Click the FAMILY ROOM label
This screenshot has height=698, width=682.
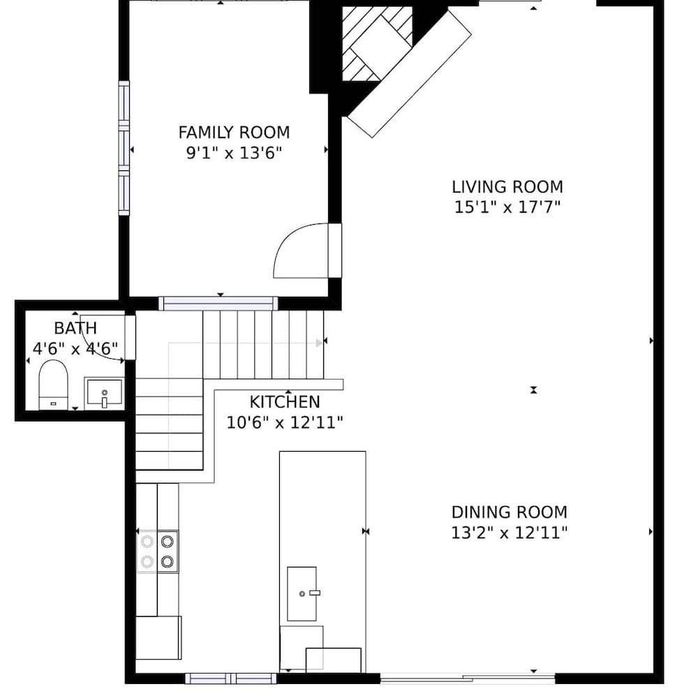point(234,132)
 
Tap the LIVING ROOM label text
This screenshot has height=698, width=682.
point(507,187)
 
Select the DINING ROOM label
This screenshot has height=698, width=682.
point(509,512)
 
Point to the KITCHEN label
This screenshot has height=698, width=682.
point(285,402)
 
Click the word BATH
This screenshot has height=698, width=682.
point(75,328)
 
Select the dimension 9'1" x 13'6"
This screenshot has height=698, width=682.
point(234,153)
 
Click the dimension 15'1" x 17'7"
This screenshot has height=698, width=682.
point(507,207)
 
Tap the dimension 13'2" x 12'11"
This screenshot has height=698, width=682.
point(509,533)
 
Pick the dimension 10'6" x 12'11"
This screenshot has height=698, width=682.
point(285,422)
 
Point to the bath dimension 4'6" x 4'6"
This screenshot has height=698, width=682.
point(75,348)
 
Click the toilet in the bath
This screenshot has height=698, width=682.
point(52,385)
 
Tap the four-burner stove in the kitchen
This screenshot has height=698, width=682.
point(158,551)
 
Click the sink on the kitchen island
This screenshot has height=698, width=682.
point(302,594)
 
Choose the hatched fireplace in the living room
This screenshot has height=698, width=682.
point(377,43)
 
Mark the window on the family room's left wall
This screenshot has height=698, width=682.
point(124,148)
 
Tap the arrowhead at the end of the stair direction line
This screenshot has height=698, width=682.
point(320,343)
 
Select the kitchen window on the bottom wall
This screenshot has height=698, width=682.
point(231,678)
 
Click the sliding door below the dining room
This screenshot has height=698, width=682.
point(468,677)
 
